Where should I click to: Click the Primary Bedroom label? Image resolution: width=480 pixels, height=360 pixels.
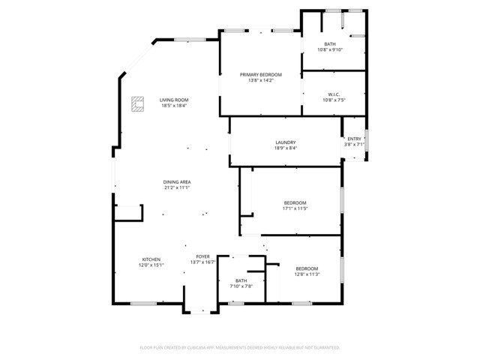(x=260, y=75)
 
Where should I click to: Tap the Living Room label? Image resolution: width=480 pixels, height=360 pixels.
(x=173, y=100)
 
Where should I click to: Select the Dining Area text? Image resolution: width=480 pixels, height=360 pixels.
(x=176, y=182)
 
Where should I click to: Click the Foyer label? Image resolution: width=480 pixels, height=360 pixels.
(x=203, y=256)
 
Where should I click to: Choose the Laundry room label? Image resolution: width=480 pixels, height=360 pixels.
(x=285, y=142)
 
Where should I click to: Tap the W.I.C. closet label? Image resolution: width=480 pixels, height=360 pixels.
(x=334, y=94)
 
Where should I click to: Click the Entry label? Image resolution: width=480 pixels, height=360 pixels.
(x=354, y=139)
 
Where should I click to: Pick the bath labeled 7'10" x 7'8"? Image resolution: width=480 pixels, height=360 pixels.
(x=241, y=280)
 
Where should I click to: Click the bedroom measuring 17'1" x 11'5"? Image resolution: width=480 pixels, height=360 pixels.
(x=295, y=202)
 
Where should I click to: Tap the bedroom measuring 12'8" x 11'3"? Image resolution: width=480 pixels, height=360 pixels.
(x=306, y=268)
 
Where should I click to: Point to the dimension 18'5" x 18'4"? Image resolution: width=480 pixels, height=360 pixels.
(x=173, y=106)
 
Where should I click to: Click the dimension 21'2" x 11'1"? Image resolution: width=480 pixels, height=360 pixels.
(x=176, y=187)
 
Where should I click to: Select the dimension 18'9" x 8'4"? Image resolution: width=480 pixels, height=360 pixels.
(x=285, y=148)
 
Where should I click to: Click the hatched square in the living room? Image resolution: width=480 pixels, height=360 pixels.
(x=137, y=103)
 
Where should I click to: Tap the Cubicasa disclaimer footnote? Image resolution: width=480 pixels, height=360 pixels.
(x=240, y=348)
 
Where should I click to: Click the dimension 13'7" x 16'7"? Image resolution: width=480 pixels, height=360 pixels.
(x=203, y=262)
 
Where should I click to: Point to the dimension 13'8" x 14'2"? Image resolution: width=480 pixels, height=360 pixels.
(x=260, y=80)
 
